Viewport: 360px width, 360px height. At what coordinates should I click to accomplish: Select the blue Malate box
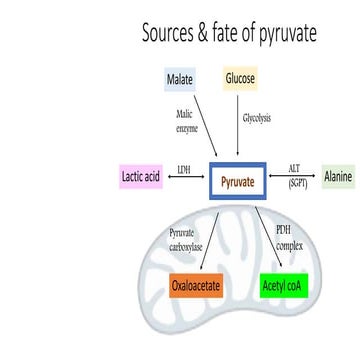(180, 79)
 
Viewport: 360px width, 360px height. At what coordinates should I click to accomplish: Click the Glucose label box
(240, 78)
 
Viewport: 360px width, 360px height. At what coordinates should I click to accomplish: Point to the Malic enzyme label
(184, 122)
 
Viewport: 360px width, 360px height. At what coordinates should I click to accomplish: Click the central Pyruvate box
(237, 181)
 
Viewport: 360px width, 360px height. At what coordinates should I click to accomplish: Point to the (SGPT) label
(297, 185)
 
